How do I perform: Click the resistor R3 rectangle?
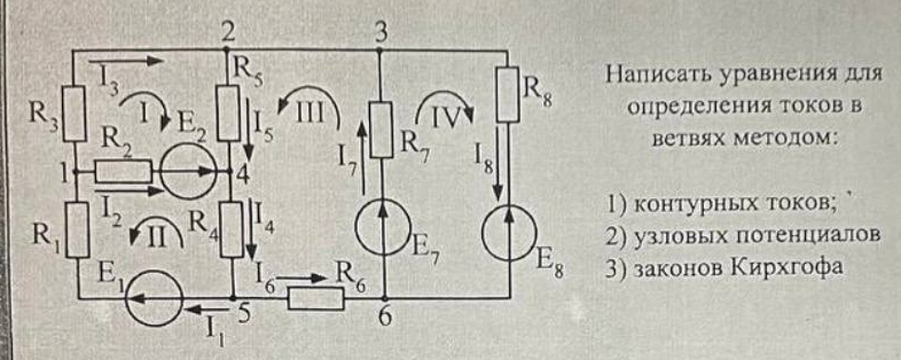pyautogui.click(x=74, y=113)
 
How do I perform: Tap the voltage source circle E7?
pyautogui.click(x=380, y=226)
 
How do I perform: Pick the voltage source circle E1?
pyautogui.click(x=154, y=299)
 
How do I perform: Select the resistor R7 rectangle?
pyautogui.click(x=380, y=130)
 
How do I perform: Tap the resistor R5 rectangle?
pyautogui.click(x=228, y=113)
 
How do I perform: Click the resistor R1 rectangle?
pyautogui.click(x=77, y=230)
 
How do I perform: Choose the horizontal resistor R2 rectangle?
pyautogui.click(x=124, y=171)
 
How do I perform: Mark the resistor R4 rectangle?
pyautogui.click(x=232, y=230)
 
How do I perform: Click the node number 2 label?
pyautogui.click(x=228, y=32)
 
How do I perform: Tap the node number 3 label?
pyautogui.click(x=380, y=34)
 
